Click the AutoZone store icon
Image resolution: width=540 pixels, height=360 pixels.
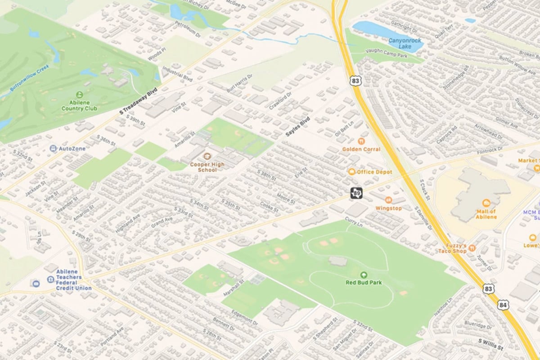point(54,148)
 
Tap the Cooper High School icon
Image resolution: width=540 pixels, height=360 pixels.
point(207,156)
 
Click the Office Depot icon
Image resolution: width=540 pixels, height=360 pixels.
point(351,172)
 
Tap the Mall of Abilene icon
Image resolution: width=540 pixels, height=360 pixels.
point(486,203)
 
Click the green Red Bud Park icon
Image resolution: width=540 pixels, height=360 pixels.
point(364,274)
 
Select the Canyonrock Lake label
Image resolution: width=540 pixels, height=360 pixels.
point(405,43)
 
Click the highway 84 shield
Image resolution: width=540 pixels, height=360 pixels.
point(503,305)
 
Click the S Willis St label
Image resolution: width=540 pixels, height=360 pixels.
point(490,347)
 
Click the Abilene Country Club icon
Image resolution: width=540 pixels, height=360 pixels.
point(80,94)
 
